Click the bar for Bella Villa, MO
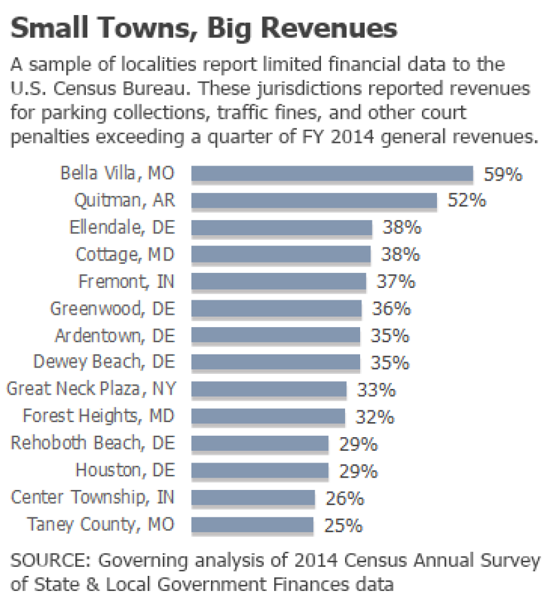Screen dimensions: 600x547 tap(332, 174)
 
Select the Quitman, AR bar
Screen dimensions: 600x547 tap(314, 201)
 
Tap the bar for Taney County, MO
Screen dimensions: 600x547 tap(252, 524)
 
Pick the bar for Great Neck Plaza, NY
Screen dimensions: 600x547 tap(269, 390)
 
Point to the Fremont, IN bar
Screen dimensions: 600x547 tap(279, 281)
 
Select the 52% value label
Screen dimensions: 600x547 tap(466, 201)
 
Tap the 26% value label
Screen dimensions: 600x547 tap(344, 498)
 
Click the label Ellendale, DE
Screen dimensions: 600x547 tap(122, 228)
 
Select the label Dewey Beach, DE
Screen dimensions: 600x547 tap(104, 362)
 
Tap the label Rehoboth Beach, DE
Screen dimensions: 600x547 tap(93, 443)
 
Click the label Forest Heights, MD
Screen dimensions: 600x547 tap(99, 416)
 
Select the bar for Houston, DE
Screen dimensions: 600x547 tap(260, 470)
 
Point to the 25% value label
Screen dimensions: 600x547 tap(343, 525)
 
